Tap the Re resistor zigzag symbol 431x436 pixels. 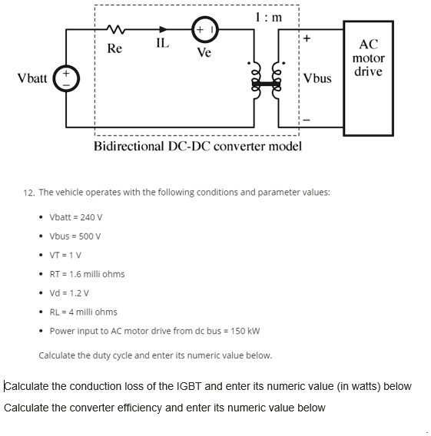[114, 31]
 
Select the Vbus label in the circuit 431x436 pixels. [317, 78]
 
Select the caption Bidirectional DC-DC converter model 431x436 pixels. [197, 146]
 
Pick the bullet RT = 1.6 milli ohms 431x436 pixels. [87, 274]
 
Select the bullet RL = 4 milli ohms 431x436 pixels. [84, 312]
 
